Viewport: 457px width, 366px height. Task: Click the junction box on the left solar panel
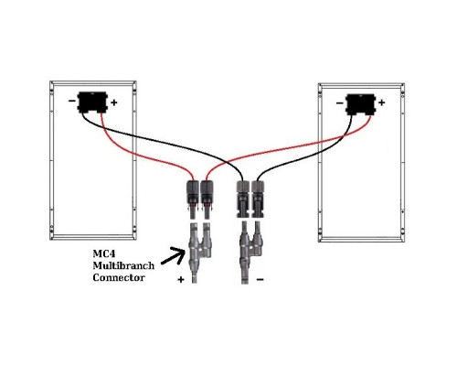point(92,102)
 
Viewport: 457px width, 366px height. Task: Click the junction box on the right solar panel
point(361,104)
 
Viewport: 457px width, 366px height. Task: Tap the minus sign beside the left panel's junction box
point(72,101)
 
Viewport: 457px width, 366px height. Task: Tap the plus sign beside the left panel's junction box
point(114,102)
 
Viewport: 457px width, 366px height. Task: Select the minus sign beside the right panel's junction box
point(339,103)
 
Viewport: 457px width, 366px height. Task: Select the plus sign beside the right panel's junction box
point(382,102)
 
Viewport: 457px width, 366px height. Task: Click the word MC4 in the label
point(104,253)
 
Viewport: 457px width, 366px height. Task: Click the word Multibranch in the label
point(123,265)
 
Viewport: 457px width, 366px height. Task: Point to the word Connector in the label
point(119,277)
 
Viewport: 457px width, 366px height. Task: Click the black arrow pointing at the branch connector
point(173,256)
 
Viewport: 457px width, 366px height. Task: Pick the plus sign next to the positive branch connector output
point(181,279)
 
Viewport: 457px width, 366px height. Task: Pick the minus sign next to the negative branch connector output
point(260,279)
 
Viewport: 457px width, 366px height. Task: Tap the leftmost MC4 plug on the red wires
point(193,199)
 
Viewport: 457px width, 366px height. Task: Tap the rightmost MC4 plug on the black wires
point(258,199)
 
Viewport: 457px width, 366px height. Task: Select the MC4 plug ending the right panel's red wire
point(207,199)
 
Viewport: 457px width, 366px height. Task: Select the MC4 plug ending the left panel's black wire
point(243,199)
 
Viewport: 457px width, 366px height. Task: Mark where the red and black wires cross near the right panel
point(345,135)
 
